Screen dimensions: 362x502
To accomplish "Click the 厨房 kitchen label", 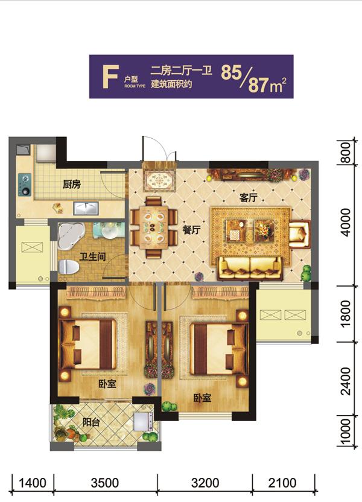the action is (71, 184).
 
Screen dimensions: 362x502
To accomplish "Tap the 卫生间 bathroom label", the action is (92, 256).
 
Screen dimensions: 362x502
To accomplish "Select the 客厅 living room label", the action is (248, 197).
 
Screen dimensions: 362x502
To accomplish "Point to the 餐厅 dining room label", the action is (191, 229).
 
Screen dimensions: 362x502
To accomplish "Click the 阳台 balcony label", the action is (91, 422).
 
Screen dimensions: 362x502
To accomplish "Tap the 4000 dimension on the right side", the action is (346, 223).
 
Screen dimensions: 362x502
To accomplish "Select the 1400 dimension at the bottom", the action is (33, 483).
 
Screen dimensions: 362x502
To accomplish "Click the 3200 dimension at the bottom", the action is (205, 483).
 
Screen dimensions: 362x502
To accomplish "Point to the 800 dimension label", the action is (346, 153).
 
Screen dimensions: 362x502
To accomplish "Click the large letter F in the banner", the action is (111, 77).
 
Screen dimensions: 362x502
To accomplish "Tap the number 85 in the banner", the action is (231, 72).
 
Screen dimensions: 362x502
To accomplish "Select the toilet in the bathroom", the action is (69, 267).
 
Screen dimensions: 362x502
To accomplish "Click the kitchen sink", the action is (86, 208).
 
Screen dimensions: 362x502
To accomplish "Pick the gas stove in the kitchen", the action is (25, 185).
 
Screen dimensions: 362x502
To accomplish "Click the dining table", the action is (154, 227).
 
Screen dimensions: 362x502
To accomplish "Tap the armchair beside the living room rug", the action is (300, 234).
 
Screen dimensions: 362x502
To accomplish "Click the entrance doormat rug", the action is (159, 181).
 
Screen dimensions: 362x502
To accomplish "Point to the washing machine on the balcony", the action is (143, 421).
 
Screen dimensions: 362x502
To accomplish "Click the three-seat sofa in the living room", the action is (250, 268).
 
